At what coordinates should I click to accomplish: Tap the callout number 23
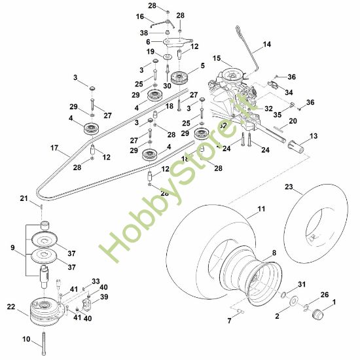[x=289, y=187]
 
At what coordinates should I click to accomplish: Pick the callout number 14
[x=266, y=45]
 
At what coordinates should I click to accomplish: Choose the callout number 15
[x=217, y=58]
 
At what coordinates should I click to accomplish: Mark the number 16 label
[x=139, y=16]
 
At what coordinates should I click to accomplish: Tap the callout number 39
[x=103, y=297]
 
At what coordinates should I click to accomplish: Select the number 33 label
[x=96, y=281]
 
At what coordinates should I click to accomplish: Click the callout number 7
[x=228, y=321]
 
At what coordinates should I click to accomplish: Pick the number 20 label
[x=293, y=121]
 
